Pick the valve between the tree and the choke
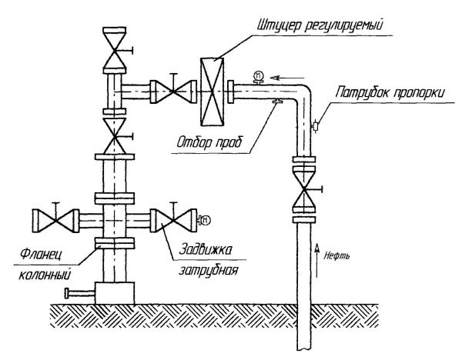coord(167,90)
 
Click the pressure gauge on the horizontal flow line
coord(258,75)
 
